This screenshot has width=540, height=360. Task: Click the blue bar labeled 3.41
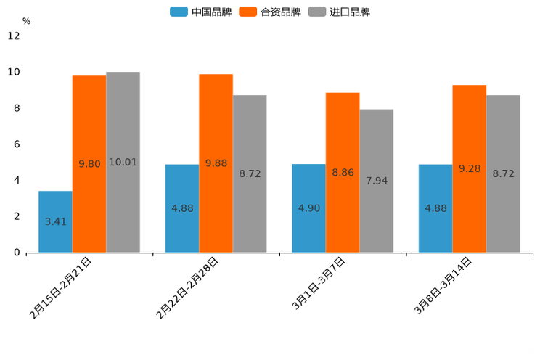tap(55, 221)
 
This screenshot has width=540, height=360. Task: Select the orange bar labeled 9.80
tap(89, 164)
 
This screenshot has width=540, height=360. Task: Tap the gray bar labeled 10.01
tap(123, 162)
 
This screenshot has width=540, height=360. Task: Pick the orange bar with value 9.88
tap(216, 163)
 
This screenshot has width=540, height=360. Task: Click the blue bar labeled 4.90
tap(308, 208)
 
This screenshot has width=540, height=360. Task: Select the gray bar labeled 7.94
tap(376, 181)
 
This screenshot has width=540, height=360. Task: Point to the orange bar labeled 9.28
tap(469, 168)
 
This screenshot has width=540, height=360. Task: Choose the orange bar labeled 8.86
tap(343, 173)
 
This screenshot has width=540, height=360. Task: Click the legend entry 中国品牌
tap(201, 12)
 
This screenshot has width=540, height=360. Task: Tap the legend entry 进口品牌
tap(339, 12)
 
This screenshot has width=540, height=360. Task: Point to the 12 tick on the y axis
tap(14, 36)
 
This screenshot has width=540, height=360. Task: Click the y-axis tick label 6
tap(17, 144)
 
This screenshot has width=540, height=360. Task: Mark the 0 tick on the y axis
tap(17, 253)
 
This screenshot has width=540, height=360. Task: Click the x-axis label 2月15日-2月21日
tap(61, 287)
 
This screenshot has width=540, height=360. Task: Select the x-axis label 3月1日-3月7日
tap(319, 284)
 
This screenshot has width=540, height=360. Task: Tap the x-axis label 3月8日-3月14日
tap(443, 285)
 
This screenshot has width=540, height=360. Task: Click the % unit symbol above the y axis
tap(26, 21)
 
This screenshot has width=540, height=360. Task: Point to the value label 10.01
tap(123, 163)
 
